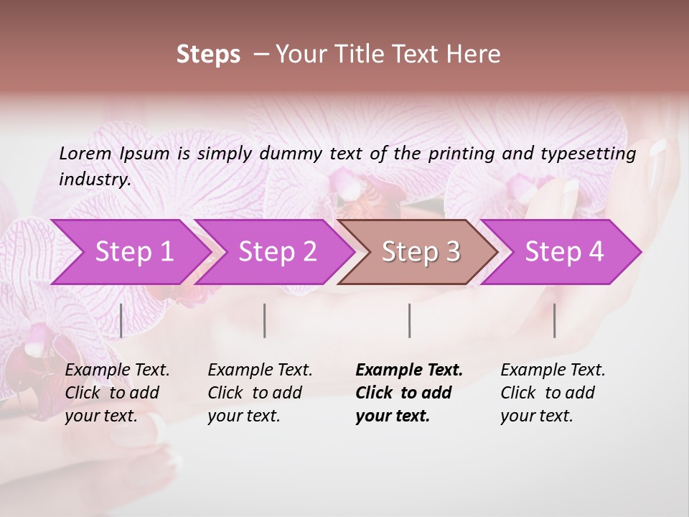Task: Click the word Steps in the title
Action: pyautogui.click(x=208, y=55)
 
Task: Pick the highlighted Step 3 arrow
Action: pyautogui.click(x=421, y=251)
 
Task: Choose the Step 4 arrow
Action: pyautogui.click(x=564, y=251)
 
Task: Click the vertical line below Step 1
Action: pyautogui.click(x=121, y=320)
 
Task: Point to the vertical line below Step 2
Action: pyautogui.click(x=265, y=320)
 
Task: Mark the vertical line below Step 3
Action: pyautogui.click(x=409, y=320)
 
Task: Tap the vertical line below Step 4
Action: pyautogui.click(x=554, y=320)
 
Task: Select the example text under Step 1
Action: pyautogui.click(x=117, y=393)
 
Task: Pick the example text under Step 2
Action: pyautogui.click(x=260, y=393)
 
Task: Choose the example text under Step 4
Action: pyautogui.click(x=553, y=393)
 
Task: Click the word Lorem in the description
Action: pyautogui.click(x=85, y=153)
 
